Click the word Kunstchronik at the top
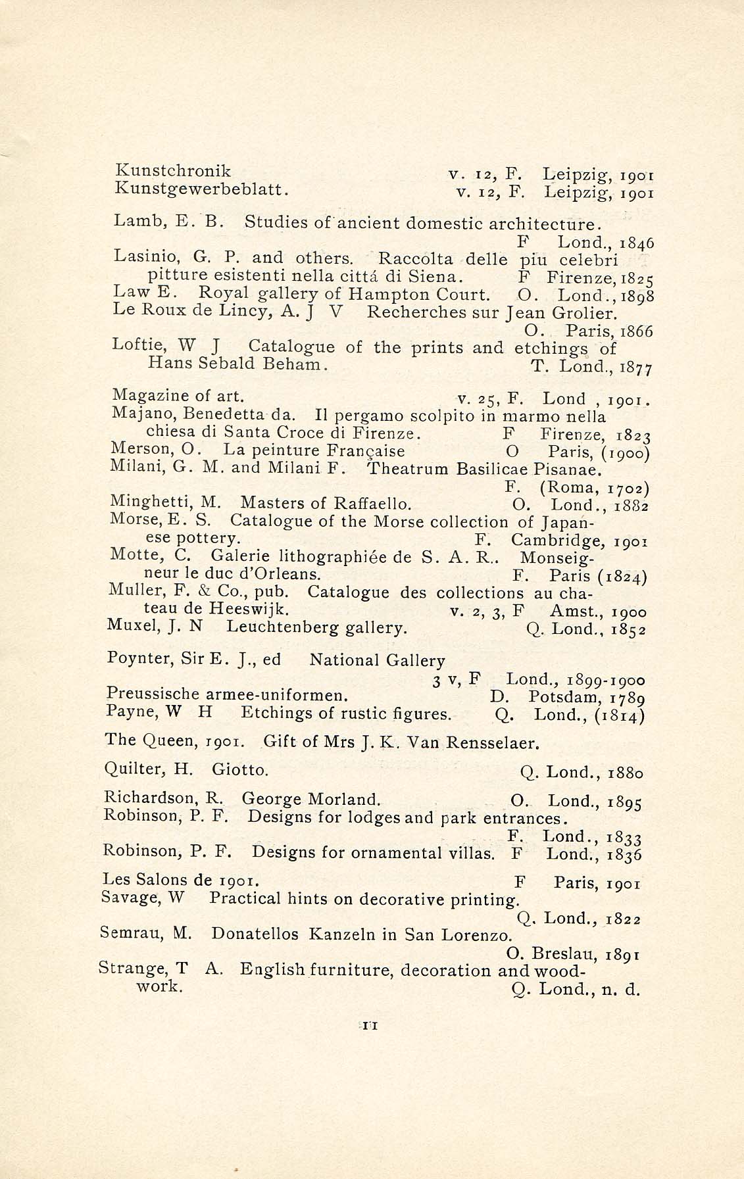coord(173,170)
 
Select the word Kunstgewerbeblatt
coord(202,189)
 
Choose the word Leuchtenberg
coord(289,627)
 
